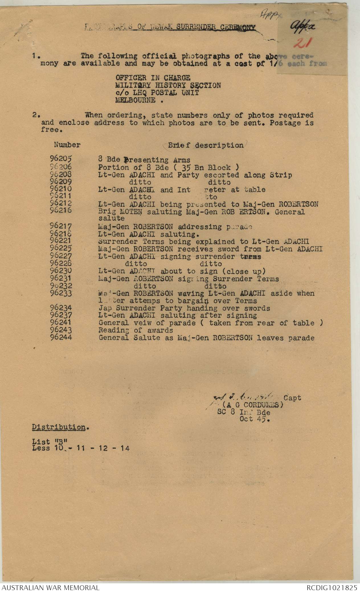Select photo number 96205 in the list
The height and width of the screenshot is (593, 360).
click(x=61, y=160)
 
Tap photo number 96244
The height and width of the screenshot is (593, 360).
click(x=61, y=338)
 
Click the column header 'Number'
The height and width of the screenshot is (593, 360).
click(x=67, y=145)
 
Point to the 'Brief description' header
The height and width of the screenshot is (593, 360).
click(x=206, y=145)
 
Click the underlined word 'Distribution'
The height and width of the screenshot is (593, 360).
click(x=58, y=427)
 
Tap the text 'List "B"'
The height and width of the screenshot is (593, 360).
click(x=50, y=441)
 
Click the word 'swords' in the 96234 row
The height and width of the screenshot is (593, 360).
click(x=257, y=308)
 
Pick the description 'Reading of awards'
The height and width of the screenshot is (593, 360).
click(x=136, y=330)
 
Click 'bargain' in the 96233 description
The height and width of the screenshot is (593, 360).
click(x=202, y=301)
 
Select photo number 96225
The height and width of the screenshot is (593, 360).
click(x=61, y=249)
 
